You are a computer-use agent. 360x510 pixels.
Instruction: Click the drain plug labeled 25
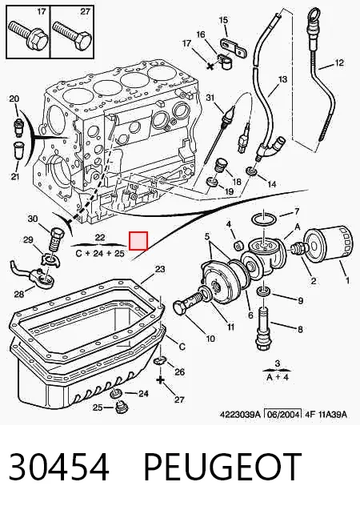(x=122, y=408)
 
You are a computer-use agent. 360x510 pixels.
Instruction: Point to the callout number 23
(x=160, y=269)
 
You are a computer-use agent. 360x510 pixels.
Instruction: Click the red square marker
(x=138, y=241)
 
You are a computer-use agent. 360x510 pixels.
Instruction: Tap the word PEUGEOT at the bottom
(x=222, y=467)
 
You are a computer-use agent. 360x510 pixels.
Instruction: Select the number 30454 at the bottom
(x=58, y=467)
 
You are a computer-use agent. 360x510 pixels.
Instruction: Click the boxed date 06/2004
(x=282, y=414)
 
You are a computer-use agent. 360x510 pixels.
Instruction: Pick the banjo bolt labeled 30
(x=57, y=239)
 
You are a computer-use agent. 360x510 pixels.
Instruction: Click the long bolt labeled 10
(x=191, y=302)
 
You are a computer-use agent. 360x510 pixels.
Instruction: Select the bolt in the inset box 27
(x=72, y=34)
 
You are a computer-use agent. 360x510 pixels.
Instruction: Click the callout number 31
(x=211, y=97)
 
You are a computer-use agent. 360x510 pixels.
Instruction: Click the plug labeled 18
(x=222, y=167)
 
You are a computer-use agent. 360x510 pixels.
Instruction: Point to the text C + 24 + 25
(x=100, y=253)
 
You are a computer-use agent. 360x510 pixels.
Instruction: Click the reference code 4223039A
(x=241, y=414)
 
